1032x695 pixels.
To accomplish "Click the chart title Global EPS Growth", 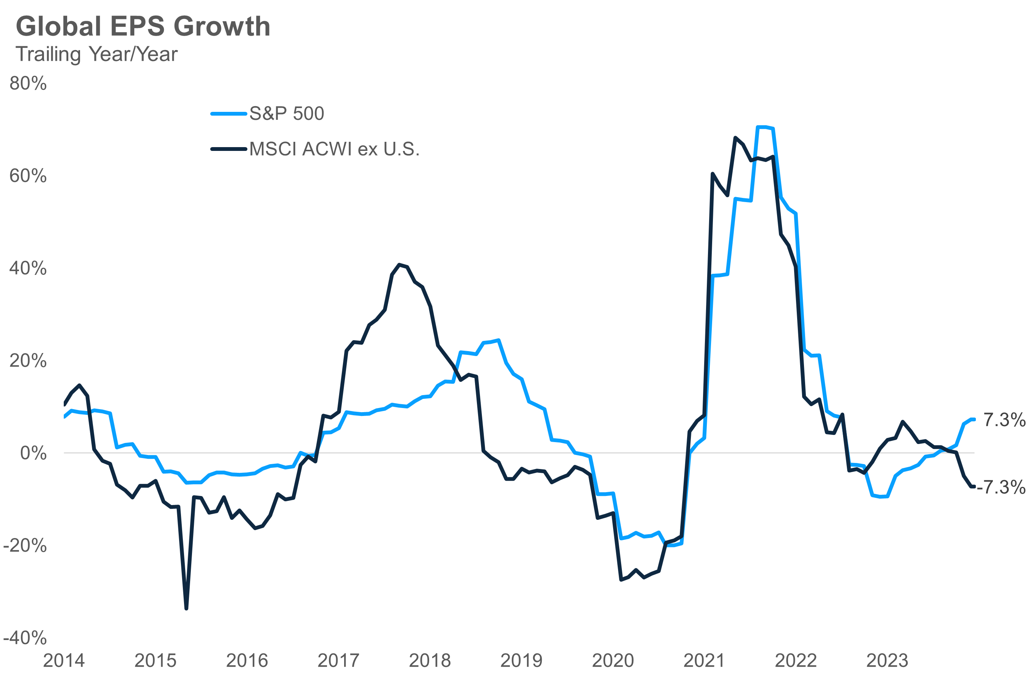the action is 143,26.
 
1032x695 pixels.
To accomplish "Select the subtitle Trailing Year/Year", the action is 97,54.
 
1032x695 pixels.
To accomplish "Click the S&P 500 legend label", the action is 286,113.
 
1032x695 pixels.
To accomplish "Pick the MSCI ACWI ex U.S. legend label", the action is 334,149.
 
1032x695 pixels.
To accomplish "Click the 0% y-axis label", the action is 33,453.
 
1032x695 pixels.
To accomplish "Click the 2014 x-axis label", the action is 64,661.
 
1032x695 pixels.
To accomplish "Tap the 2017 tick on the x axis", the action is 338,661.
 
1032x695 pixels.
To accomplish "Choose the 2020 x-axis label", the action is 613,661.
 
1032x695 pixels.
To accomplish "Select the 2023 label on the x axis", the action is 887,661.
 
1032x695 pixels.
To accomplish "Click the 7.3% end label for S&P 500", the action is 1005,420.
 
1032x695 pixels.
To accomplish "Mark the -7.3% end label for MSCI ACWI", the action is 1001,487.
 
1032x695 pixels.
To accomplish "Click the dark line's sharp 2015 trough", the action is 186,609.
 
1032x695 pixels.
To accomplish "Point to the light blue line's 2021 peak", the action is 762,127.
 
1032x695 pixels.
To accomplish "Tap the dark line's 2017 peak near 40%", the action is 400,265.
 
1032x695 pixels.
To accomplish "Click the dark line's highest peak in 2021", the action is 735,138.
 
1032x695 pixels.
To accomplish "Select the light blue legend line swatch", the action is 228,114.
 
